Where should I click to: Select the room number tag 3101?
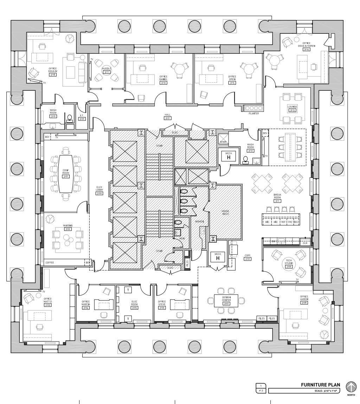click(x=66, y=177)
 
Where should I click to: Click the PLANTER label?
click(x=253, y=114)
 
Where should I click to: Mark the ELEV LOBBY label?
click(x=99, y=189)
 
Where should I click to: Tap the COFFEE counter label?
click(x=50, y=262)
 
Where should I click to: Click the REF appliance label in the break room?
click(x=283, y=222)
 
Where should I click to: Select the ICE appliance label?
click(x=297, y=222)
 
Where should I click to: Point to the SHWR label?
click(x=222, y=142)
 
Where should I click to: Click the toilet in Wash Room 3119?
click(x=69, y=118)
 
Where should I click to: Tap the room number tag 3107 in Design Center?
click(x=226, y=303)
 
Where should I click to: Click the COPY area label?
click(x=247, y=256)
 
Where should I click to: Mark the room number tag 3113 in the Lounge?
click(x=292, y=110)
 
